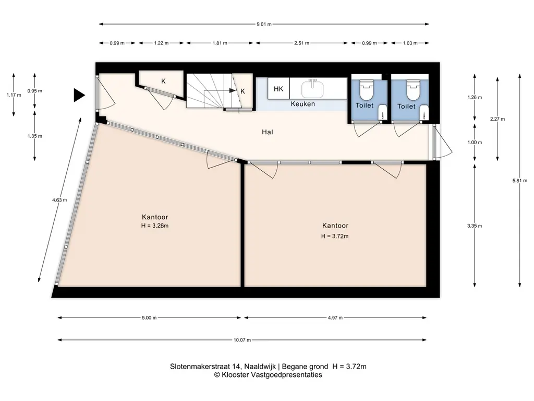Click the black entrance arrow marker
(x=79, y=95)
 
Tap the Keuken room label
(x=303, y=104)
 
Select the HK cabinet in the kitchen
(x=278, y=89)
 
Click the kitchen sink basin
(x=312, y=89)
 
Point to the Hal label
(x=268, y=132)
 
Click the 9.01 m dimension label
(x=264, y=24)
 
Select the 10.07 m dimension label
(x=242, y=340)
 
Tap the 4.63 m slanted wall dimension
(x=59, y=200)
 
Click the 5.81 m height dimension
(x=520, y=181)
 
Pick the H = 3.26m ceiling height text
(x=155, y=226)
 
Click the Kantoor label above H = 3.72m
(x=335, y=226)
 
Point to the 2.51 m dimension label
(x=302, y=43)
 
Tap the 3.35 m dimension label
(x=475, y=226)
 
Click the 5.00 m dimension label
(x=149, y=318)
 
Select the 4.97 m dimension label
(x=335, y=318)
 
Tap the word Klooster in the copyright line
(x=234, y=375)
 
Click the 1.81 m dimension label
(x=220, y=43)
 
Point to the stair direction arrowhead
(x=233, y=90)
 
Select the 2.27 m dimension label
(x=497, y=119)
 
